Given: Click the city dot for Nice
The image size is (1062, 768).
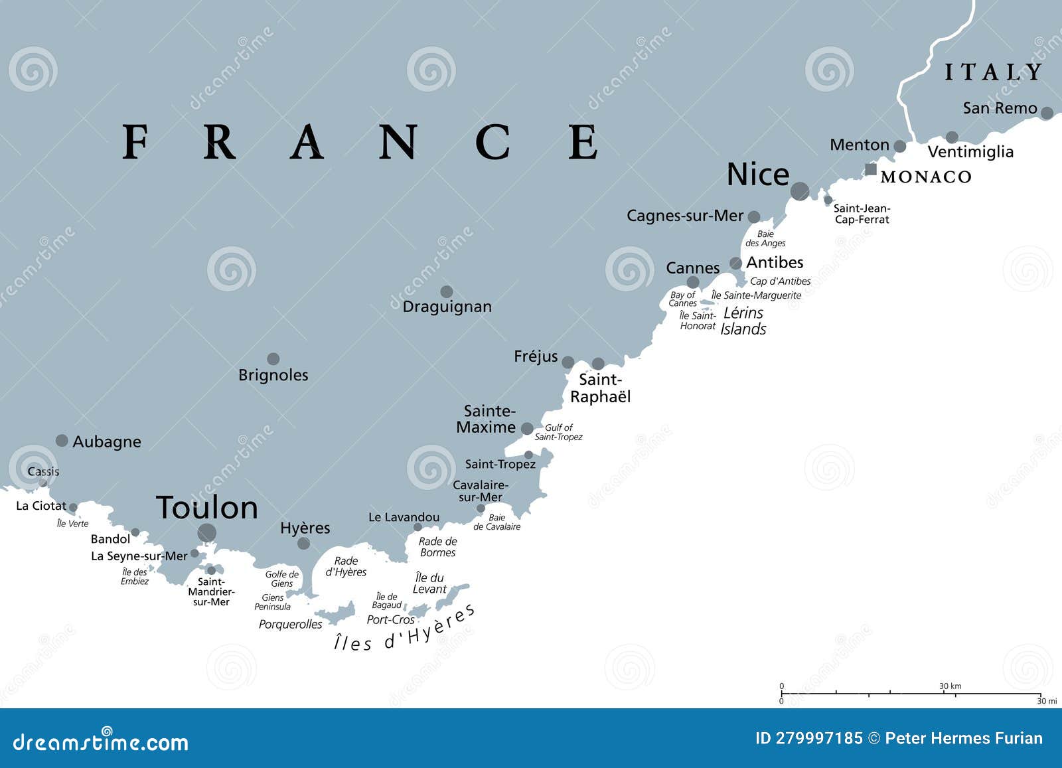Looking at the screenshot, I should (800, 191).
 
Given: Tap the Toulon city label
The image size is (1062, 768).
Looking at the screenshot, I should (207, 508).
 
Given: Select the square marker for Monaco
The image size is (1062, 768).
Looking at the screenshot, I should (870, 169).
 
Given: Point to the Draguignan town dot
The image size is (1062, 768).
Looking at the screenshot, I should (447, 291).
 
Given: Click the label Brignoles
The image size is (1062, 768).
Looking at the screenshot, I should (273, 375).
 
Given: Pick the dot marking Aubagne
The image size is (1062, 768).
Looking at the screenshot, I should (62, 440).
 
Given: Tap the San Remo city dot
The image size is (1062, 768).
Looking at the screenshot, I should (1047, 113).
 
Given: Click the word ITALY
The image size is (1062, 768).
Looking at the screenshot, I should (994, 72).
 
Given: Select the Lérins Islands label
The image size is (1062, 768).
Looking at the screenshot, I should (743, 321).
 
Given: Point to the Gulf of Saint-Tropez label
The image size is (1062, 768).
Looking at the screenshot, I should (558, 432).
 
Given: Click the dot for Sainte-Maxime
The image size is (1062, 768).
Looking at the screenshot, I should (527, 429).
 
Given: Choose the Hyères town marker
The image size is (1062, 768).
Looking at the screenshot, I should (303, 544).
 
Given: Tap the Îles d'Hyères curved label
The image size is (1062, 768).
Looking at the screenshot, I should (405, 631).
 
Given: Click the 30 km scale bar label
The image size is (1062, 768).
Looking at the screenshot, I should (950, 686).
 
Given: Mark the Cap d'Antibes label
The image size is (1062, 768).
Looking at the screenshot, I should (780, 281).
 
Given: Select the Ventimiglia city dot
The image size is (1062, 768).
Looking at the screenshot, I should (952, 137).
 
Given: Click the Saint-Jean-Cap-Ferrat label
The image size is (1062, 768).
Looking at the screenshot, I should (862, 214).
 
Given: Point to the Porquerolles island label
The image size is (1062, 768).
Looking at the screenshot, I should (290, 625).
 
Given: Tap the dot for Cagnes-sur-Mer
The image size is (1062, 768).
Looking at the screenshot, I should (754, 216).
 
